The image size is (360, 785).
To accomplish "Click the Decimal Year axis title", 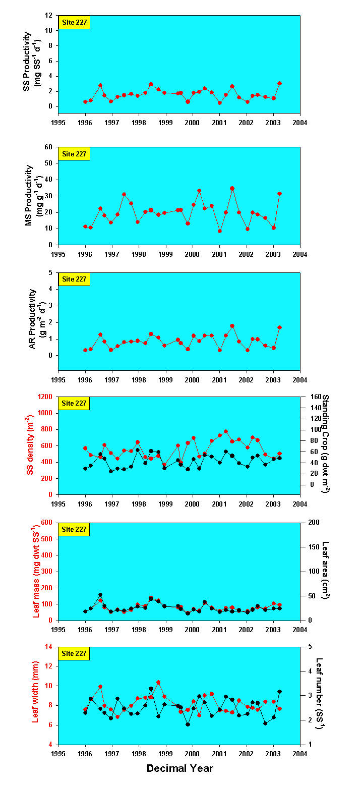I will (179, 768).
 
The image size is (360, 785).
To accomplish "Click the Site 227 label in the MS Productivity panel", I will (74, 153).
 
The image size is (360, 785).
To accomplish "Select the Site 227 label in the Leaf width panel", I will (74, 653).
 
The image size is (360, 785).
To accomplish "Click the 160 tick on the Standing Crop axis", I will (310, 397).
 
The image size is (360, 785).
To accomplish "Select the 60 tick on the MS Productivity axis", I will (50, 147).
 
